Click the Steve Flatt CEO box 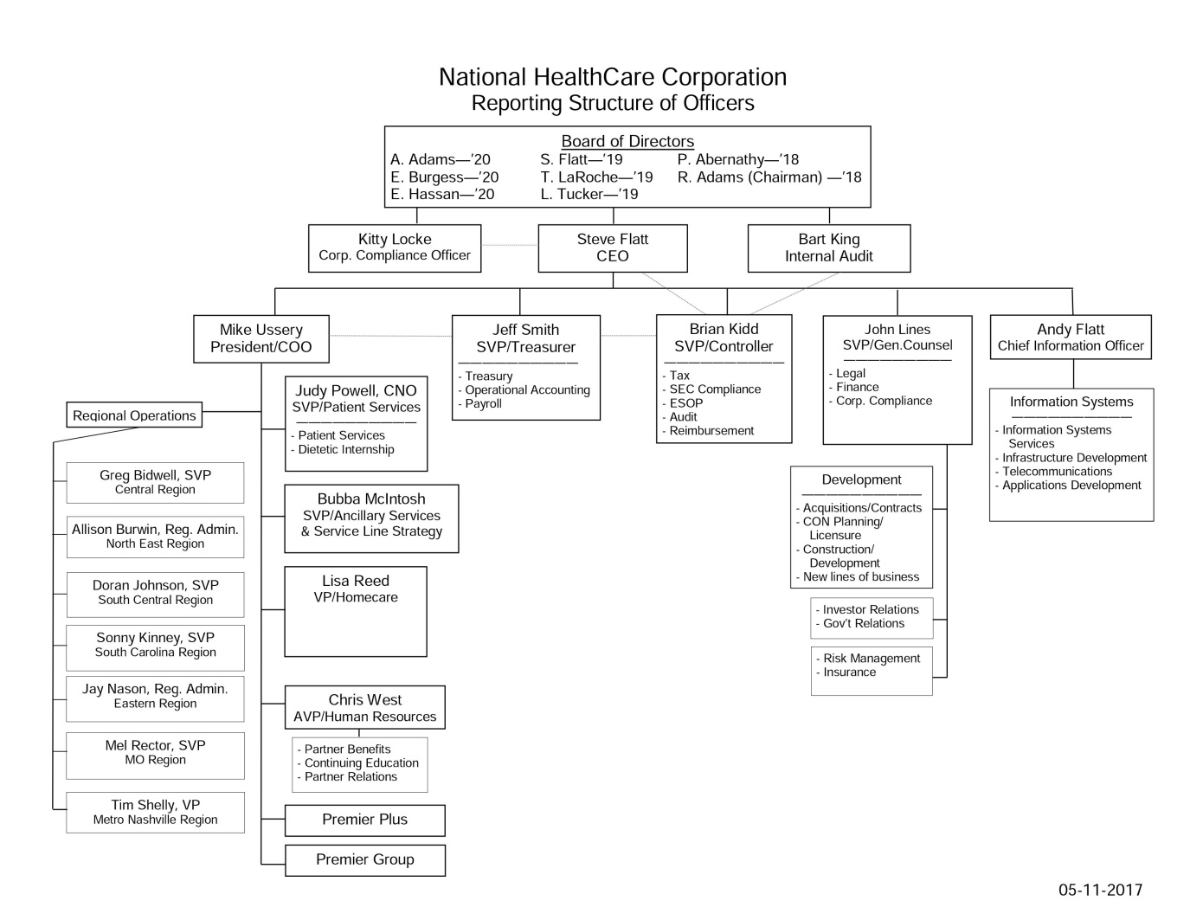[613, 248]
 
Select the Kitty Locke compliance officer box [395, 248]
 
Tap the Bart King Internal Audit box [829, 248]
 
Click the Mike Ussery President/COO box [261, 338]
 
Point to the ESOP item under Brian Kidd [686, 403]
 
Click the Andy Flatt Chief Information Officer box [1071, 338]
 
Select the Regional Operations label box [134, 415]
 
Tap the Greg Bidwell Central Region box [155, 482]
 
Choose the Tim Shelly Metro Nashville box [155, 812]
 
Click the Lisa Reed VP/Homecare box [356, 611]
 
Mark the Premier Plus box [364, 820]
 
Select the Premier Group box [364, 859]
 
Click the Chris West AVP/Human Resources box [364, 708]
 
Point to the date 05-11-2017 [1100, 890]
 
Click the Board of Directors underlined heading [627, 141]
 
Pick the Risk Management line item [872, 659]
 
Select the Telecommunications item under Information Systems [1057, 472]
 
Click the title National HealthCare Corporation [613, 77]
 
